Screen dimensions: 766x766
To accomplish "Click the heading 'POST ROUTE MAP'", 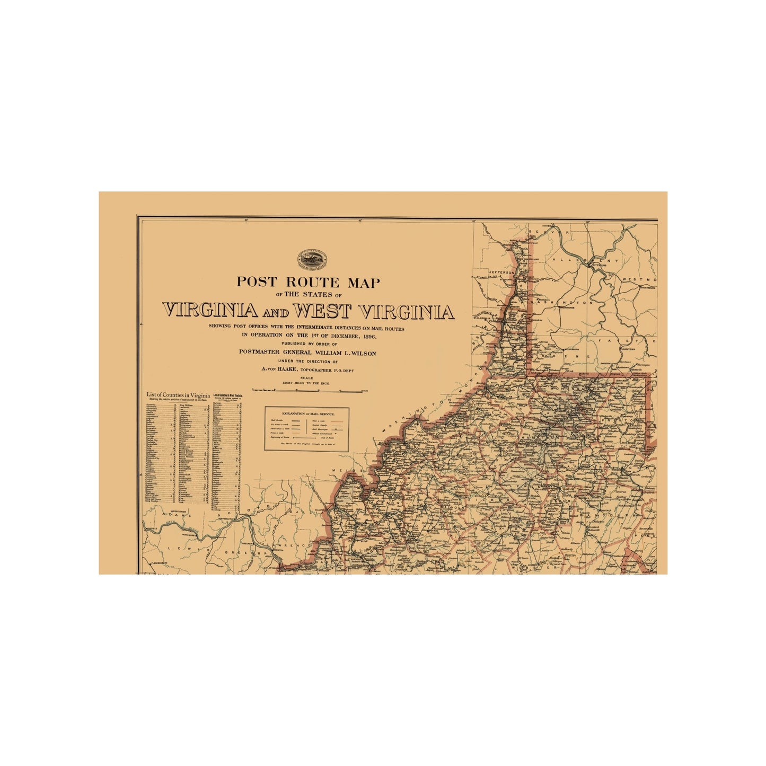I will coord(308,282).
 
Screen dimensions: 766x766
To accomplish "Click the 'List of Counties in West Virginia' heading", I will coord(227,395).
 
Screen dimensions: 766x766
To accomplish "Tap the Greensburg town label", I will coord(648,288).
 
